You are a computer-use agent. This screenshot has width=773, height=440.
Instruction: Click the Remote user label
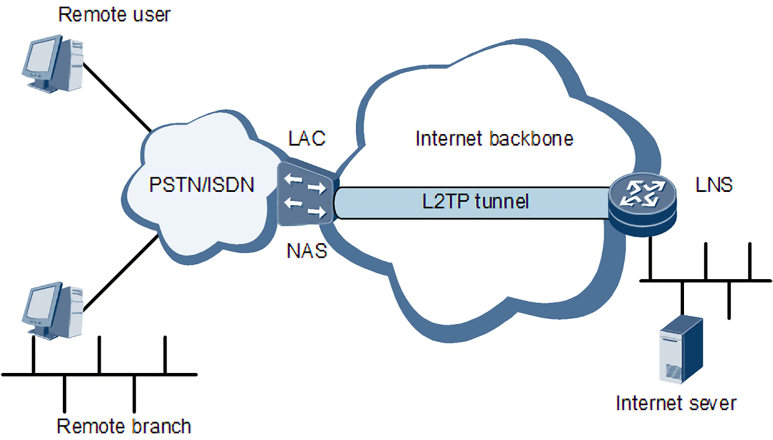coord(114,15)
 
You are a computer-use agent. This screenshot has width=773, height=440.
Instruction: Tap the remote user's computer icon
coord(52,63)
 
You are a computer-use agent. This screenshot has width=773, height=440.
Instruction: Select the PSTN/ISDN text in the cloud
coord(202,185)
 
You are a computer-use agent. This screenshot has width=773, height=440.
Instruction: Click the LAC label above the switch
coord(307,138)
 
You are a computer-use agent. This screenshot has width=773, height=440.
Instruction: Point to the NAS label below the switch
coord(307,251)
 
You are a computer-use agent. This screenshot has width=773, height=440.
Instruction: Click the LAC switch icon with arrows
coord(307,193)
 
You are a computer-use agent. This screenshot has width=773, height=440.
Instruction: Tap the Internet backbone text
coord(494,139)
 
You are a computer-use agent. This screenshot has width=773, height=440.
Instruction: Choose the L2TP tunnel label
coord(475,202)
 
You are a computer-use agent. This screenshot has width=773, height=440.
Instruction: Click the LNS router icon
coord(643,205)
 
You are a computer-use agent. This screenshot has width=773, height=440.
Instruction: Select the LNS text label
coord(714,185)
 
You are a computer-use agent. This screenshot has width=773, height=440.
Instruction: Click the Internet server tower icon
coord(681,349)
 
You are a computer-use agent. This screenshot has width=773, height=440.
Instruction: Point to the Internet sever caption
coord(676,403)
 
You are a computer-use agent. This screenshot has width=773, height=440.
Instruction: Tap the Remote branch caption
coord(124,426)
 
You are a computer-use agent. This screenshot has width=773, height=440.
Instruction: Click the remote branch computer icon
coord(52,311)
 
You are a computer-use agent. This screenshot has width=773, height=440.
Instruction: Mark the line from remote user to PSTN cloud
coord(117,98)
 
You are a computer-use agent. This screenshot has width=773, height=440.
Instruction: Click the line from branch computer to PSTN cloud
coord(121,273)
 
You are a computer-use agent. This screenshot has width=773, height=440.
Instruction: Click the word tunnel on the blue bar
coord(502,202)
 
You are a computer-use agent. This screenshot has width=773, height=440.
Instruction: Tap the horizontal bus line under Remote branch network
coord(99,374)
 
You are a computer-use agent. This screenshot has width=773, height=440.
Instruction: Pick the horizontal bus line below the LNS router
coord(705,280)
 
